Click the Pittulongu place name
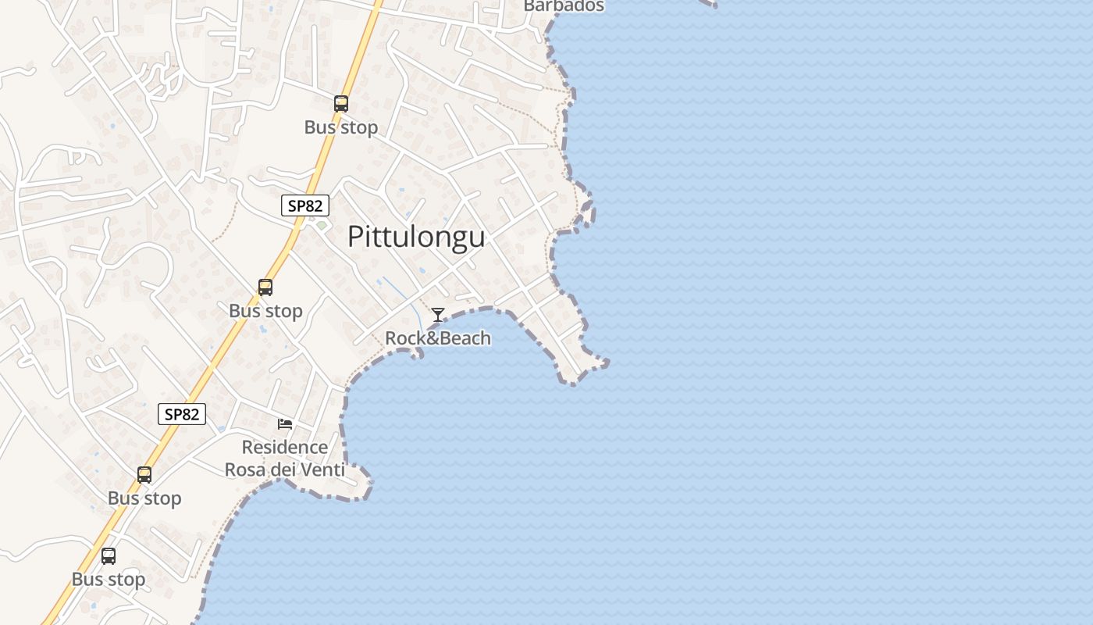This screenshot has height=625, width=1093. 416,237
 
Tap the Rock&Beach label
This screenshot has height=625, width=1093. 438,338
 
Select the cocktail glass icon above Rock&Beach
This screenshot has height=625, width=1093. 438,315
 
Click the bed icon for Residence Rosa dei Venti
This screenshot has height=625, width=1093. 285,424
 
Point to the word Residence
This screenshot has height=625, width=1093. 285,448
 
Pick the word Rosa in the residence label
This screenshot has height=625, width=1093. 246,470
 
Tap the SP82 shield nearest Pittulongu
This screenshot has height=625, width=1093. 305,205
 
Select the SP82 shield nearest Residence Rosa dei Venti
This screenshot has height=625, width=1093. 182,414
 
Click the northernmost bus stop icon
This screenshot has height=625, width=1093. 341,103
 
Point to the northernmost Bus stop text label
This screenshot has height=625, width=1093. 341,127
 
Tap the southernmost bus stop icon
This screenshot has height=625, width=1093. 109,556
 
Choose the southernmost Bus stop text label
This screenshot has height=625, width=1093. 109,580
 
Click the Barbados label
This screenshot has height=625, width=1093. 564,5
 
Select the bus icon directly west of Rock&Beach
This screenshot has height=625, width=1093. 265,287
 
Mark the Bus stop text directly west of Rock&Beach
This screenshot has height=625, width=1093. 265,311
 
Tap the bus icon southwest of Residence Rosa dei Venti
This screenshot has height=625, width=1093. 144,474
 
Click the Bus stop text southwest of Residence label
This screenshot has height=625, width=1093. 144,498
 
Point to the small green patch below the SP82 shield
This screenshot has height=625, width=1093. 321,225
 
